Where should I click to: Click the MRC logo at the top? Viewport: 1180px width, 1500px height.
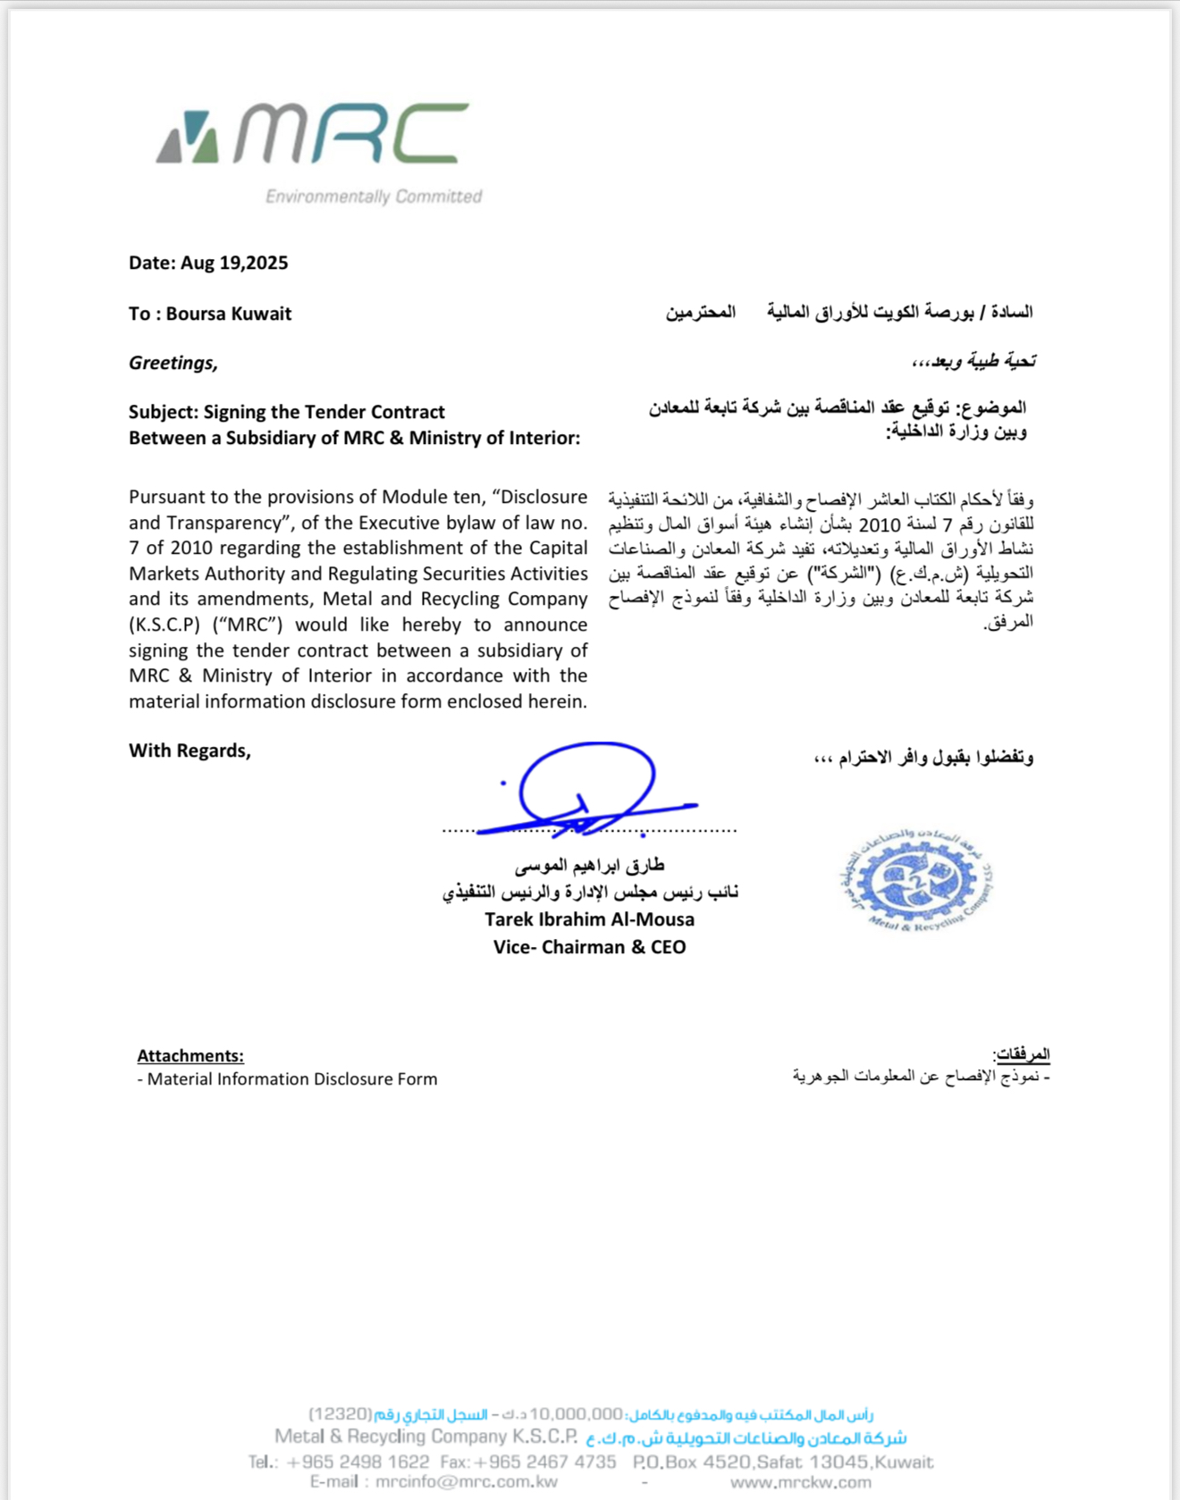tap(313, 134)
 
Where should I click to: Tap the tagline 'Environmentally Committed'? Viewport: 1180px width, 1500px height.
tap(374, 197)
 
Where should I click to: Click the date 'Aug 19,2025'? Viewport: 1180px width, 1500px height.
tap(234, 263)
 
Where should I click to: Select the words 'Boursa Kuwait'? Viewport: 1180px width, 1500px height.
tap(229, 314)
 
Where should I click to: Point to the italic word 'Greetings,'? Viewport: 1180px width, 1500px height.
tap(173, 363)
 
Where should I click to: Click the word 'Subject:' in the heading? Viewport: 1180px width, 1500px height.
tap(164, 412)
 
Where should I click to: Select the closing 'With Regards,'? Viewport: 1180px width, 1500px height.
tap(190, 750)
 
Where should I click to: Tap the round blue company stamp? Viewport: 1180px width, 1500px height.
tap(916, 881)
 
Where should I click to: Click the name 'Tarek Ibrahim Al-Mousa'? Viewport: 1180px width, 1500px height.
tap(589, 919)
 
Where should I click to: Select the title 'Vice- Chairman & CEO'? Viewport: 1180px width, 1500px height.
tap(589, 947)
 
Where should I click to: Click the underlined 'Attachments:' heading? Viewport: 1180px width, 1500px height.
tap(190, 1056)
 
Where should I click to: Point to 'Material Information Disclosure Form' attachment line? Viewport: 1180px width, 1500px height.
tap(292, 1079)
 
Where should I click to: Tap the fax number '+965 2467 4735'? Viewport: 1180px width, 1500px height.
tap(544, 1462)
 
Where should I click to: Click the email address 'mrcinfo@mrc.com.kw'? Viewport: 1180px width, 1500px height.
tap(467, 1482)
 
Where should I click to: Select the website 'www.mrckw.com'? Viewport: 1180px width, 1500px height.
tap(800, 1482)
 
